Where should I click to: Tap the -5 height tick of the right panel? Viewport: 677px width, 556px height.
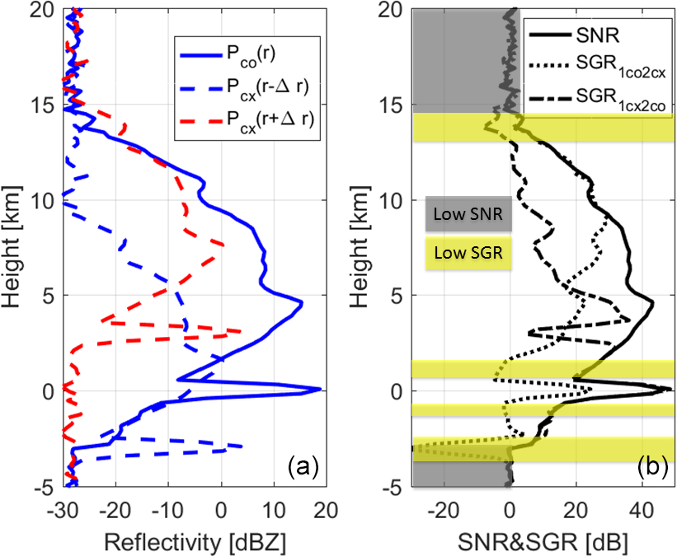tap(391, 487)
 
